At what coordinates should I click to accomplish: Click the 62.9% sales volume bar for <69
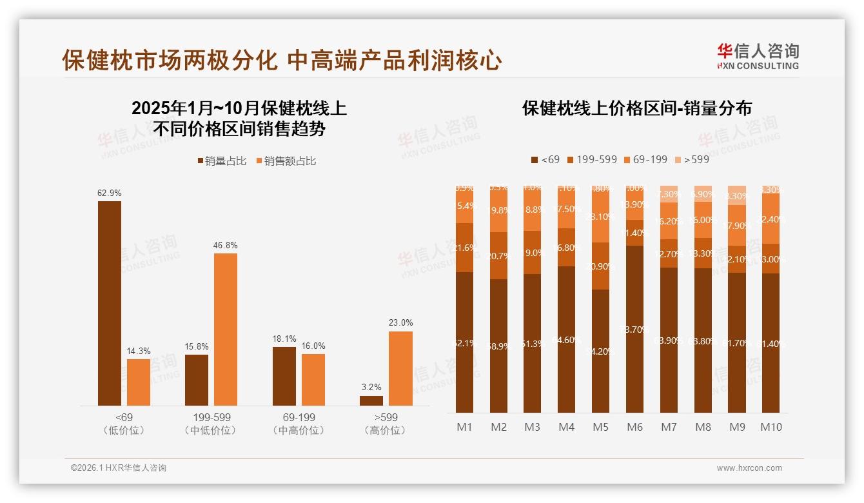(110, 303)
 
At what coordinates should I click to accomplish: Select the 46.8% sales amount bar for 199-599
(226, 329)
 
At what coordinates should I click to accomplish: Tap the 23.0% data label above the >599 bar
(400, 322)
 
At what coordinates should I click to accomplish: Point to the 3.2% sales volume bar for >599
(371, 400)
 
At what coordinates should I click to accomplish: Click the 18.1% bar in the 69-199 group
(284, 376)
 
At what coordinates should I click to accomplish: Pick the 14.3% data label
(138, 351)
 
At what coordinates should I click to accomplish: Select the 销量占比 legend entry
(222, 161)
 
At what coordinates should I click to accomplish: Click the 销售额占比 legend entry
(286, 161)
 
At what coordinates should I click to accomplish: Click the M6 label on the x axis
(634, 427)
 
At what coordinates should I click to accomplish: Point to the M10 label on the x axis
(771, 427)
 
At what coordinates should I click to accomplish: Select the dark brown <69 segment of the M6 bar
(634, 329)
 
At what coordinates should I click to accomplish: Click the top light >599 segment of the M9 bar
(736, 195)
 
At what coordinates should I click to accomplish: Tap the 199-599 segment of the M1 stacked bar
(464, 248)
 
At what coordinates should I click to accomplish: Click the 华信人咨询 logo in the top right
(758, 55)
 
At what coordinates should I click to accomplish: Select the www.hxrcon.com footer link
(749, 468)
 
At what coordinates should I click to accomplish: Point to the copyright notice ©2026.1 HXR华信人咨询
(119, 468)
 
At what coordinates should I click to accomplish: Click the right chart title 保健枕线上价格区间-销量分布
(637, 108)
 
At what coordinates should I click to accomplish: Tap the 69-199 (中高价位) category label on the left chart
(299, 424)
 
